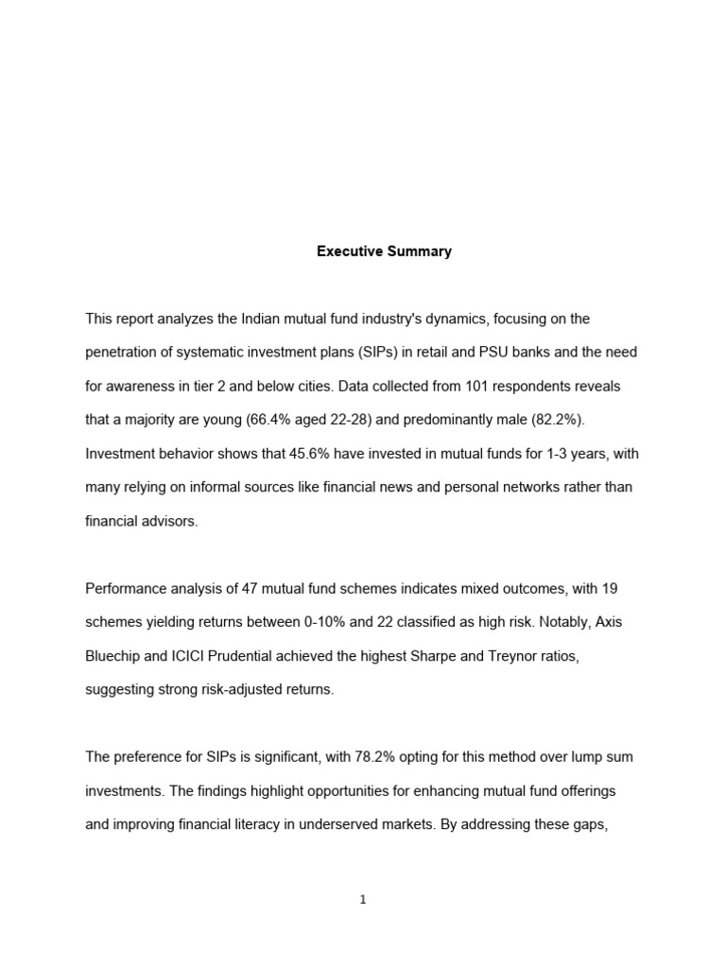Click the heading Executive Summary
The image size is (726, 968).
tap(384, 251)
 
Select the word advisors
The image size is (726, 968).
tap(168, 521)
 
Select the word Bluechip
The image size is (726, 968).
tap(114, 656)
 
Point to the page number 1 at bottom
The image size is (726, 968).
tap(363, 900)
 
